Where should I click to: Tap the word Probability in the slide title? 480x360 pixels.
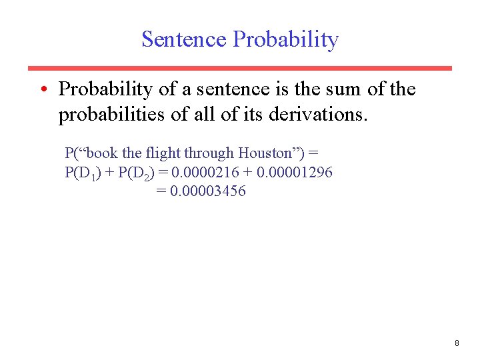point(285,40)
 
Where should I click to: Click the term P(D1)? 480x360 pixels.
point(82,173)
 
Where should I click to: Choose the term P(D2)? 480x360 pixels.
point(137,173)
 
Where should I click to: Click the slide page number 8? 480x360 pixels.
point(457,343)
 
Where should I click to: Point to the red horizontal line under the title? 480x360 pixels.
point(239,68)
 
